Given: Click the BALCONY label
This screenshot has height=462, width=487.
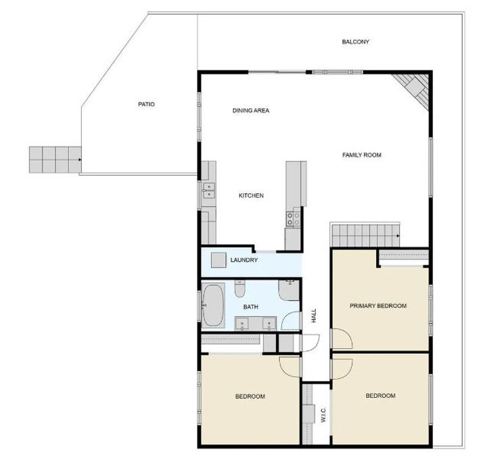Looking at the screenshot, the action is [355, 42].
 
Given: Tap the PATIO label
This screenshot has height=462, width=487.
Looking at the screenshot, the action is [146, 105].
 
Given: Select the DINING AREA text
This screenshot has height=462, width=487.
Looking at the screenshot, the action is [251, 111].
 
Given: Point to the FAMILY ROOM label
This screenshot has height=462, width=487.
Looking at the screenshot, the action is [361, 155].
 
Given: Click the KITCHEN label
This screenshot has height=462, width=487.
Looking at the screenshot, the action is [251, 196].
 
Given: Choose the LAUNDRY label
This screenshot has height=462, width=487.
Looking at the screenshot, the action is [243, 260].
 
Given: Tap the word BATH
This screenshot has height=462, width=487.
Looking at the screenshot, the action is [250, 307].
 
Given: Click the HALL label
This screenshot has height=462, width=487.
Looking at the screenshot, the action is [314, 315].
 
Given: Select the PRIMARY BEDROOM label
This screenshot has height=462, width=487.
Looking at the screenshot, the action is [378, 306].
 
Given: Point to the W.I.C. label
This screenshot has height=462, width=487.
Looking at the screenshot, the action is [323, 415].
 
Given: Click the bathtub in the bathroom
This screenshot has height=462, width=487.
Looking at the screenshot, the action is [213, 305].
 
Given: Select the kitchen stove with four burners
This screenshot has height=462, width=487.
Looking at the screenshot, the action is [293, 219].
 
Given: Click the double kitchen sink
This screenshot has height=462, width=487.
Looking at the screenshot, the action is [209, 190].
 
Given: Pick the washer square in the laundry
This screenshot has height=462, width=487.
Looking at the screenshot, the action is [218, 260].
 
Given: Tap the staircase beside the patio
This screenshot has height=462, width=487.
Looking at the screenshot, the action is [55, 159].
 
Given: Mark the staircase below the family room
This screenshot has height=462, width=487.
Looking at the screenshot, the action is [365, 236].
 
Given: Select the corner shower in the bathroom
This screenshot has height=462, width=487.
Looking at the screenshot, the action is [289, 290].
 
